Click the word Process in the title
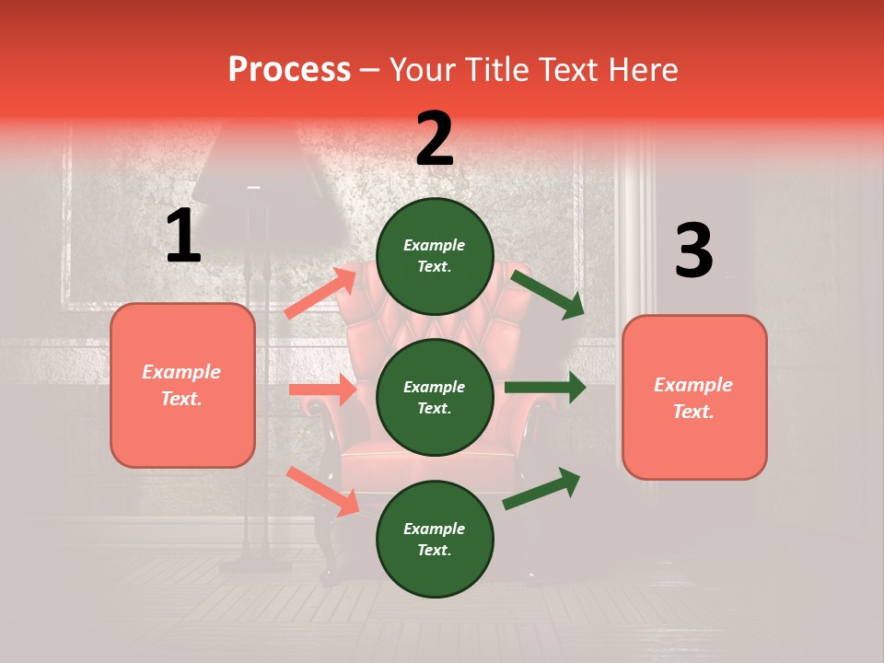(x=289, y=70)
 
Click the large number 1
(x=183, y=237)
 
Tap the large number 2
(x=435, y=139)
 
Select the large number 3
(x=693, y=251)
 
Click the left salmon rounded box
(x=182, y=385)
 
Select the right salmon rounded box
(x=694, y=398)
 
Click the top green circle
(x=435, y=256)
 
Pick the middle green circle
(x=435, y=397)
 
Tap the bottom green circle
(x=435, y=539)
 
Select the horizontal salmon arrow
(x=322, y=390)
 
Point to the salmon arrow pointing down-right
(x=322, y=490)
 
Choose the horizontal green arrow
(x=544, y=388)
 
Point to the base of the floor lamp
(x=256, y=564)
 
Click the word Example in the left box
(x=181, y=372)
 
